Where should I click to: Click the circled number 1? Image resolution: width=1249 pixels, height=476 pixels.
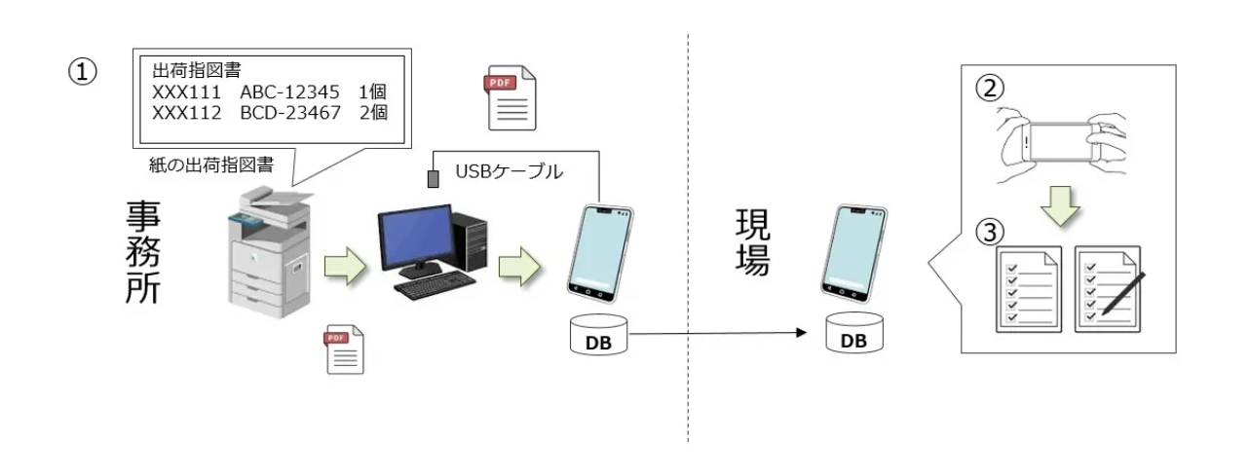(83, 72)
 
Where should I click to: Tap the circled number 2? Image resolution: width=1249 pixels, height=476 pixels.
(990, 88)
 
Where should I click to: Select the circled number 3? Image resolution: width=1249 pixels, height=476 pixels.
(990, 232)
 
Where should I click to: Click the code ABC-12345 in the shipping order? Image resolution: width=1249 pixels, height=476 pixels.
(289, 92)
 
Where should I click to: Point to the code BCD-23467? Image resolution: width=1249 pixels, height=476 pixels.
(290, 113)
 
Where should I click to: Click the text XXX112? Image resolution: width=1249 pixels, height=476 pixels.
(186, 113)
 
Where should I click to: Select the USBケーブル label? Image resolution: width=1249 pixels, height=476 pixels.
(510, 171)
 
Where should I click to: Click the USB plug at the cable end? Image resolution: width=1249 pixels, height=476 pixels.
(434, 178)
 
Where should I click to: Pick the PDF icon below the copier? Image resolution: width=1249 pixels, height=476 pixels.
(344, 349)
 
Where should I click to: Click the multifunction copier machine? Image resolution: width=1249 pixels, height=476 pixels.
(269, 252)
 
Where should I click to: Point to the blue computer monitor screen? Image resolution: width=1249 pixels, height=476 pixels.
(415, 235)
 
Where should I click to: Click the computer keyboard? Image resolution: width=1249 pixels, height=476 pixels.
(435, 285)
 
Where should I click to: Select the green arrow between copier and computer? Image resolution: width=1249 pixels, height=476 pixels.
(345, 267)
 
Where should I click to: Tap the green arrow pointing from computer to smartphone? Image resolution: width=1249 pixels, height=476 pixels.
(519, 267)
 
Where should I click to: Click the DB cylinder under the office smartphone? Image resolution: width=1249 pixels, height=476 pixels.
(598, 335)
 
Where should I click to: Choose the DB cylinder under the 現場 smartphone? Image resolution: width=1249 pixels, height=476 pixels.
(854, 333)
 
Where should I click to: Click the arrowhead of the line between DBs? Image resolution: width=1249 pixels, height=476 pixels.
(802, 333)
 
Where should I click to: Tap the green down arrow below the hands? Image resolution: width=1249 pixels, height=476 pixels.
(1060, 205)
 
